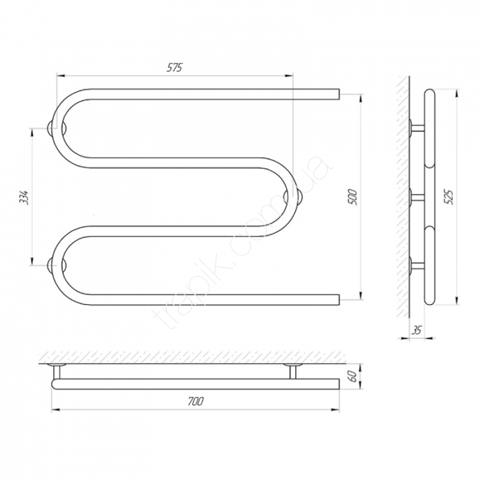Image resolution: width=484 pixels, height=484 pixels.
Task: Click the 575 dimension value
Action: pos(175,68)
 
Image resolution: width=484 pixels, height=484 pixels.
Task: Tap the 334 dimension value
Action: pos(24,197)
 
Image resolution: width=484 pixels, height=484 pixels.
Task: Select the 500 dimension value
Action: pos(352,197)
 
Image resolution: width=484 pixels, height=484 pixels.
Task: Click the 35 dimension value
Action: pos(416,331)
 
